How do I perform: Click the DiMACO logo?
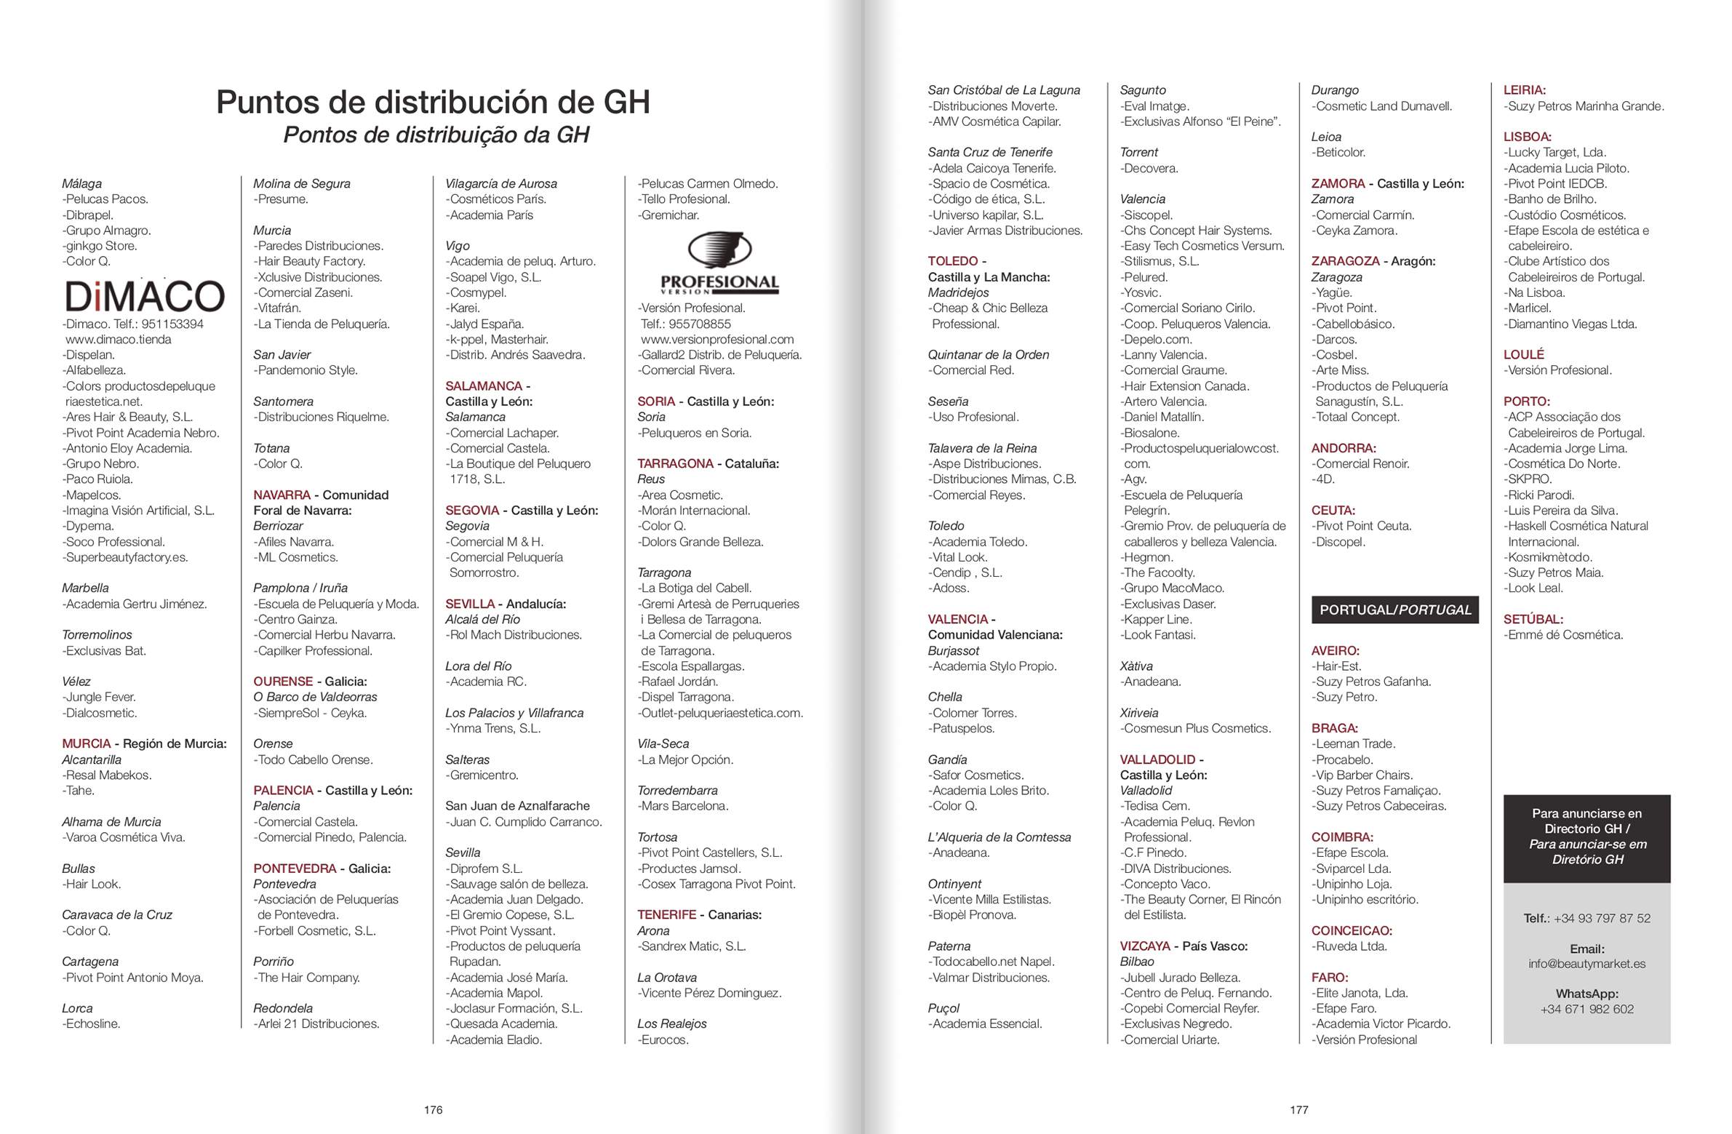144,295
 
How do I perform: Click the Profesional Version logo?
719,263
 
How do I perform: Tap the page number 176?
433,1109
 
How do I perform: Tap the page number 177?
1299,1109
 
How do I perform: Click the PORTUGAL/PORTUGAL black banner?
1394,610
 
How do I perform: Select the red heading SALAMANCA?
483,386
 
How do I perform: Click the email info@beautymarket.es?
1587,964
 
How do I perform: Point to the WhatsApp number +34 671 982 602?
1587,1009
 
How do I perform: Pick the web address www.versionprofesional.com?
717,339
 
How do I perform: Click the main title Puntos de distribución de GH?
433,102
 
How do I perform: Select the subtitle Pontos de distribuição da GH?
435,135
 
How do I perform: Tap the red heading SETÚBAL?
1533,620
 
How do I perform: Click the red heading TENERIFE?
666,915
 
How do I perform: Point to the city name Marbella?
85,588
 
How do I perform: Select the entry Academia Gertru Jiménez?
135,604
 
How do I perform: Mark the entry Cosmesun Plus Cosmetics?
1195,729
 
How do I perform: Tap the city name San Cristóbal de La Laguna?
1004,90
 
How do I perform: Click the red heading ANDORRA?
1343,448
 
